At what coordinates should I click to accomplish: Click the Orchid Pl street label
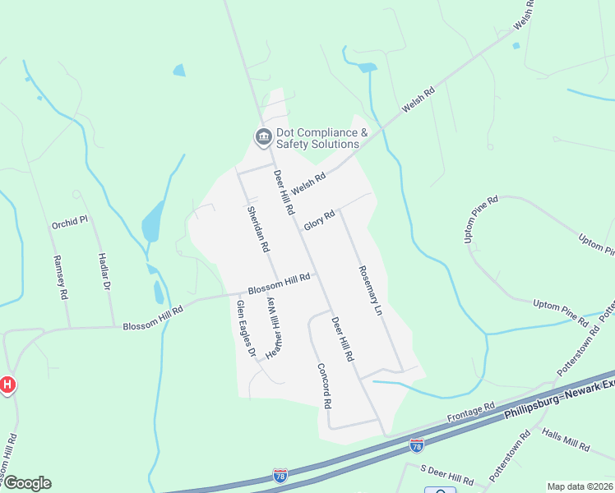69,222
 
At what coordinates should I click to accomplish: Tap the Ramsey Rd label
60,276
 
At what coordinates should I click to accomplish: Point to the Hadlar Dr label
105,272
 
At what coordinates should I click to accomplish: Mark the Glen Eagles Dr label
245,328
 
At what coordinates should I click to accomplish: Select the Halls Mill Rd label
566,442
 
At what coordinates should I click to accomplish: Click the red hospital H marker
7,384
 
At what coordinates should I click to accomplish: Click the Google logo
26,483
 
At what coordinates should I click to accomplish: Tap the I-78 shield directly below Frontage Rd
417,445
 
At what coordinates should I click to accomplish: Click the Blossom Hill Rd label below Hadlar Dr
154,326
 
